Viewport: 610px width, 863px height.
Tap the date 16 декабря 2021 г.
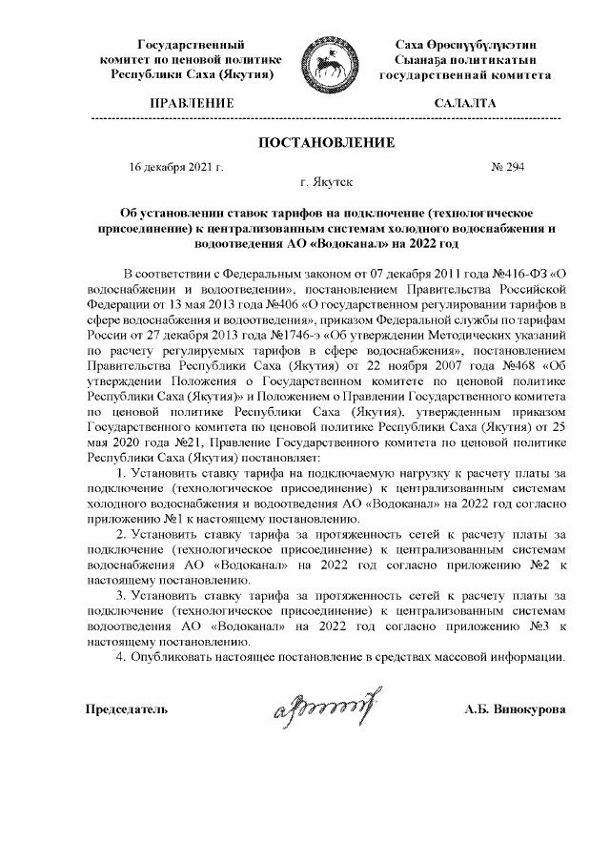[176, 167]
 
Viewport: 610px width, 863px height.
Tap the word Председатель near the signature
[128, 710]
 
